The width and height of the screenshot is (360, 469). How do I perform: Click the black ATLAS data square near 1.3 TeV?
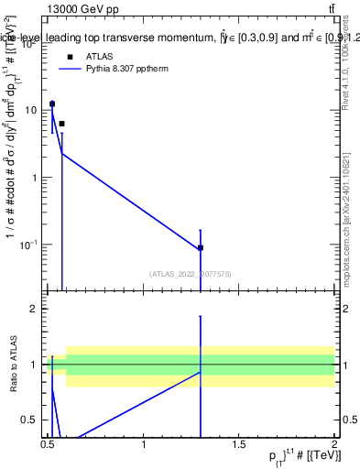tap(201, 247)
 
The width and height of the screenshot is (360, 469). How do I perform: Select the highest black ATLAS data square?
tap(52, 104)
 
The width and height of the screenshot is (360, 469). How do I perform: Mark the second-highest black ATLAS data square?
tap(61, 123)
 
